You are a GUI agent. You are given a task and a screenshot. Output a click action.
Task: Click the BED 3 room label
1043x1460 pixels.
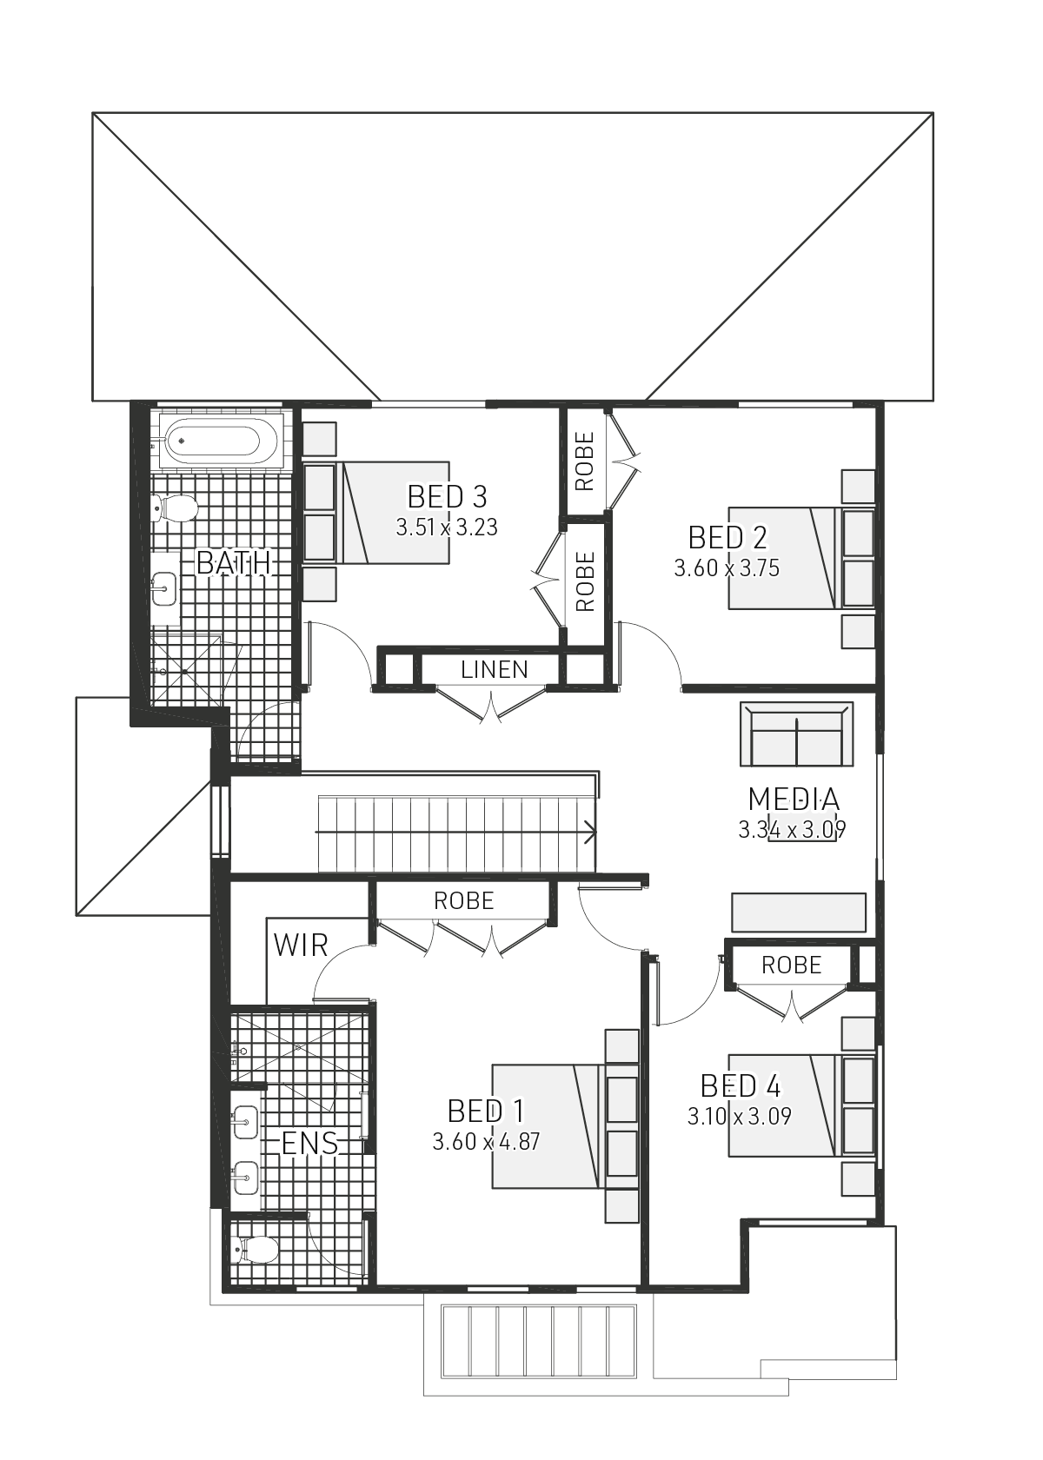[447, 497]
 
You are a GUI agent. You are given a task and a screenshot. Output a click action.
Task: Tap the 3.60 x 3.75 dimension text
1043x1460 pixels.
[727, 568]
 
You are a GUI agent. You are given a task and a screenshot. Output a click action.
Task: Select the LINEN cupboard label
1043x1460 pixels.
[495, 670]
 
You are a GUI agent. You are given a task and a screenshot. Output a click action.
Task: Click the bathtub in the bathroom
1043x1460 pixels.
[213, 441]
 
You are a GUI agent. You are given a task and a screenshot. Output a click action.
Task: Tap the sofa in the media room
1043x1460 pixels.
[796, 735]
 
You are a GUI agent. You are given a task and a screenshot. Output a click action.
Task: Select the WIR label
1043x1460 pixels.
[301, 946]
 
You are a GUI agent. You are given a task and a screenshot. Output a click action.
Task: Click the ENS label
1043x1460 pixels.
[310, 1143]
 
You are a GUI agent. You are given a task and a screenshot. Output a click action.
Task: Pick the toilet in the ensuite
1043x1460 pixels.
[256, 1251]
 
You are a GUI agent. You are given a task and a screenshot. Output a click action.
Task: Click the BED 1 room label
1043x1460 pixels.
[486, 1111]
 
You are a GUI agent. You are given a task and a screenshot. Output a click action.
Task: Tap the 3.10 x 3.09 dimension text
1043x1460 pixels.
[740, 1116]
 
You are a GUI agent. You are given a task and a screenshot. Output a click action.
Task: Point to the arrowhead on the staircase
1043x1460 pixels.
[592, 833]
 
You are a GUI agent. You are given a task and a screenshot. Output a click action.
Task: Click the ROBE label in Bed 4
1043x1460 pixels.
[791, 965]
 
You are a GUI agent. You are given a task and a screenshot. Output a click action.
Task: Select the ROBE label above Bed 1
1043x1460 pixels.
[464, 901]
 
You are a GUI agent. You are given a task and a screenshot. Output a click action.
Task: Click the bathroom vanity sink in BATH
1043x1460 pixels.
[163, 591]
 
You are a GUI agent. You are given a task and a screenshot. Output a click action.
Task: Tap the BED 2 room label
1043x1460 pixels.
[727, 538]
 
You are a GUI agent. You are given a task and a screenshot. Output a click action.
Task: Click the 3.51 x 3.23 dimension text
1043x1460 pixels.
[447, 528]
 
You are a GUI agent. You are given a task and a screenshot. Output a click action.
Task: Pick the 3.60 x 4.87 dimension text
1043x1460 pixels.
[486, 1141]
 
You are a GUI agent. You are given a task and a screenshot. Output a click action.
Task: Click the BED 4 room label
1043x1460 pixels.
[741, 1086]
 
